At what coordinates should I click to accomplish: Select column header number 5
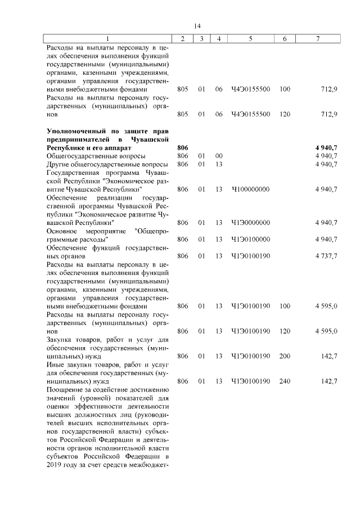[250, 38]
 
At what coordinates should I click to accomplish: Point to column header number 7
[318, 38]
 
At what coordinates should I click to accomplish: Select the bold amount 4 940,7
[326, 147]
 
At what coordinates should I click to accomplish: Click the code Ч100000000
[250, 189]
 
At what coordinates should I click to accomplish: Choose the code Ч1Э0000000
[250, 223]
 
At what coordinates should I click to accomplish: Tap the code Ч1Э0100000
[250, 240]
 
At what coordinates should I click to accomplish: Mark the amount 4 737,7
[326, 256]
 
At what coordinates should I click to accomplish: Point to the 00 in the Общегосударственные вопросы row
[219, 156]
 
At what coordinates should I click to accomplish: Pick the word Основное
[61, 231]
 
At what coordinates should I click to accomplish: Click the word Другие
[57, 164]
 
